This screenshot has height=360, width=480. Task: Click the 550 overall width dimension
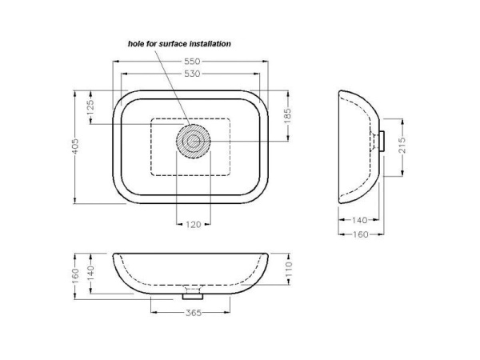[x=192, y=62]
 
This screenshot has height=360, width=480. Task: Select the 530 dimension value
[x=192, y=74]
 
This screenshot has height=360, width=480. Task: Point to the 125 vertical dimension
[x=90, y=107]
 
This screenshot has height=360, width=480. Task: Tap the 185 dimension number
[x=288, y=116]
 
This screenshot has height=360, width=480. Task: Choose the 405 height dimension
[x=75, y=146]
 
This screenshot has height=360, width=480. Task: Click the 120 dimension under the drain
[x=194, y=225]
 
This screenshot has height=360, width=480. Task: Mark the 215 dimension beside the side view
[x=402, y=146]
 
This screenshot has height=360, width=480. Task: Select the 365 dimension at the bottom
[x=194, y=313]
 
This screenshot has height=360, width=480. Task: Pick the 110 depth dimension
[x=289, y=270]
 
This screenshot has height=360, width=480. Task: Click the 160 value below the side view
[x=361, y=234]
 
